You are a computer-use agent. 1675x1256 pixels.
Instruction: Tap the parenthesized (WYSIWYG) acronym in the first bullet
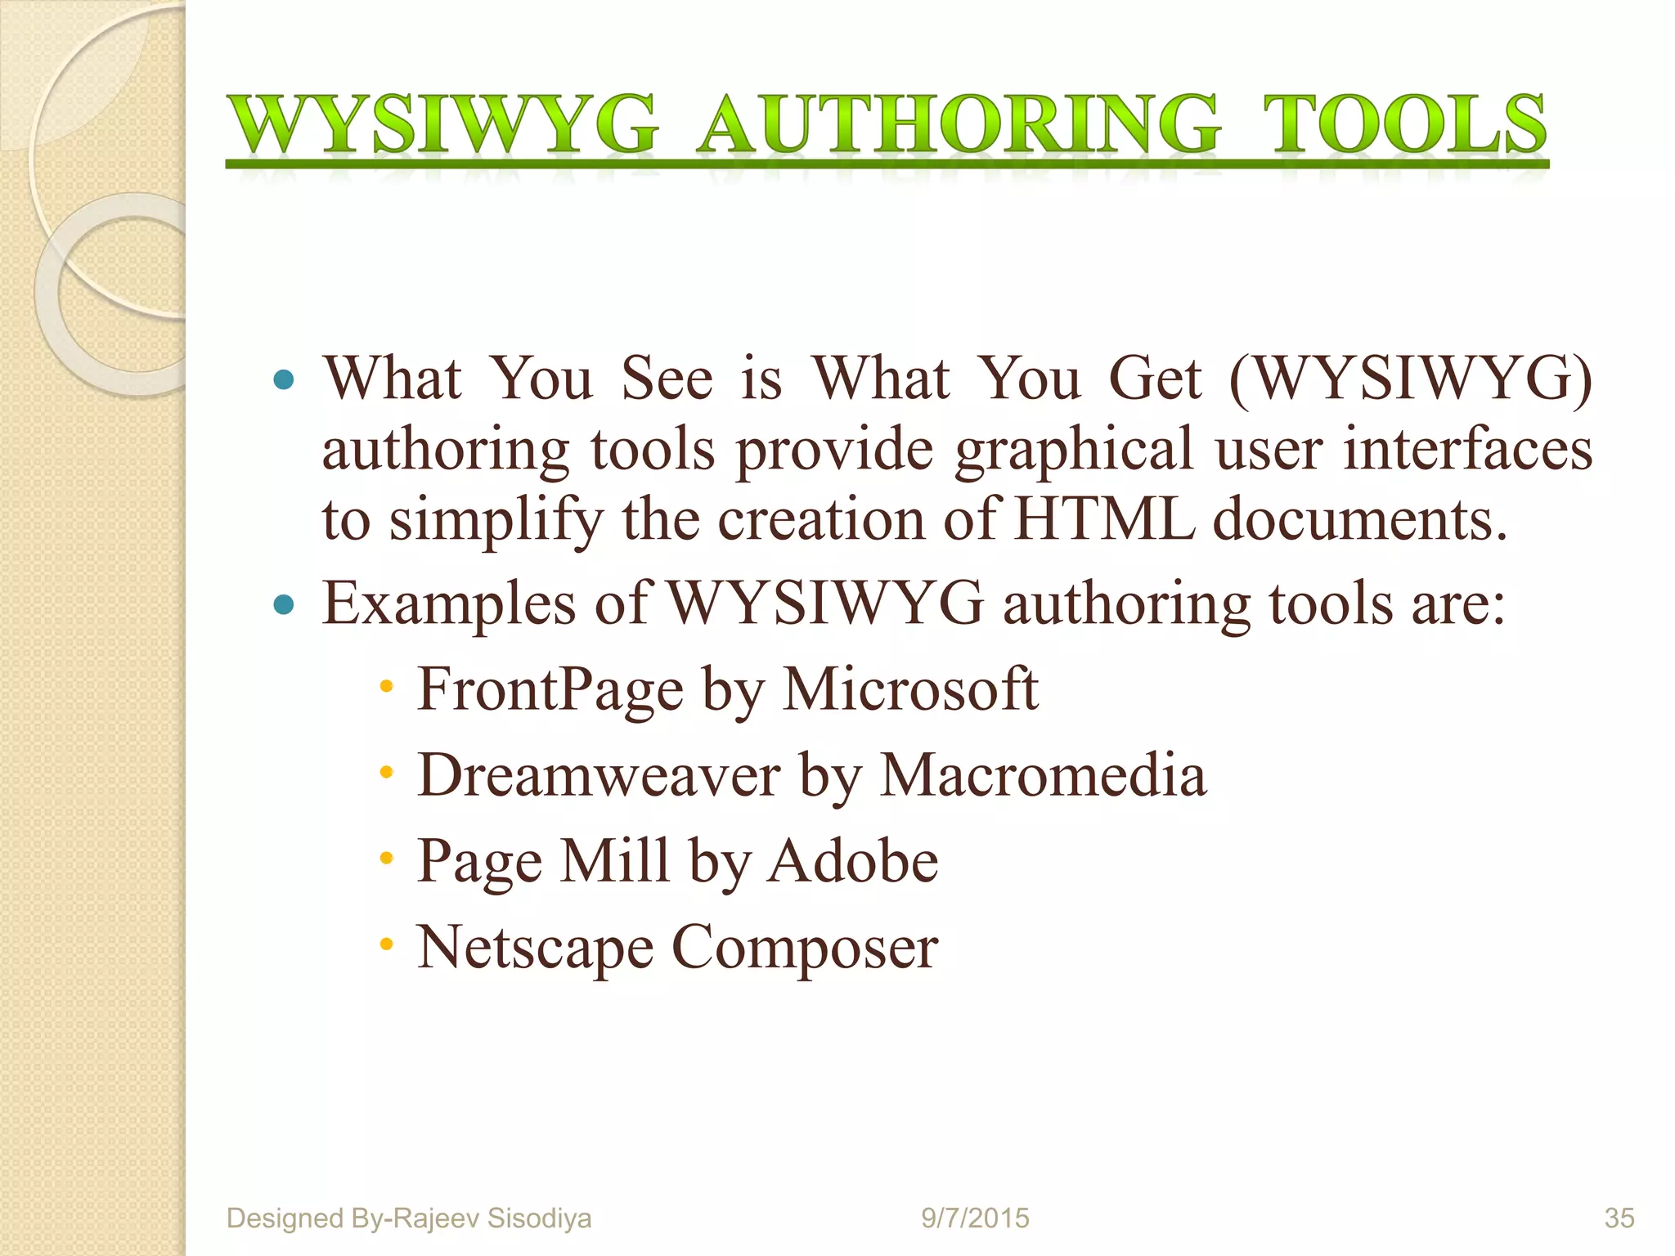[x=1412, y=379]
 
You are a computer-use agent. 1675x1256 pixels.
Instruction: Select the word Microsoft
[x=911, y=689]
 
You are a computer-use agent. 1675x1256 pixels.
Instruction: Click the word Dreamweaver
[x=599, y=774]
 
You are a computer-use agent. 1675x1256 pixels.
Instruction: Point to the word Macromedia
[x=1043, y=774]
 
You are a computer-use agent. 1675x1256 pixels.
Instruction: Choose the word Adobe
[x=853, y=861]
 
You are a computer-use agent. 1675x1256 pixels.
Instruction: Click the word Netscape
[x=535, y=949]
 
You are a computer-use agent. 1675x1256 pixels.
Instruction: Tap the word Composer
[x=805, y=949]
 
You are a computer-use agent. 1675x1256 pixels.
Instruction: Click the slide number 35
[x=1619, y=1218]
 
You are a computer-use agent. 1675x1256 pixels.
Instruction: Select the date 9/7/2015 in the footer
[x=975, y=1218]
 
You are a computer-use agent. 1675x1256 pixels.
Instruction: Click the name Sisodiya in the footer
[x=538, y=1218]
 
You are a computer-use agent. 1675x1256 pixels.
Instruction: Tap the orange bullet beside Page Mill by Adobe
[x=387, y=859]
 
